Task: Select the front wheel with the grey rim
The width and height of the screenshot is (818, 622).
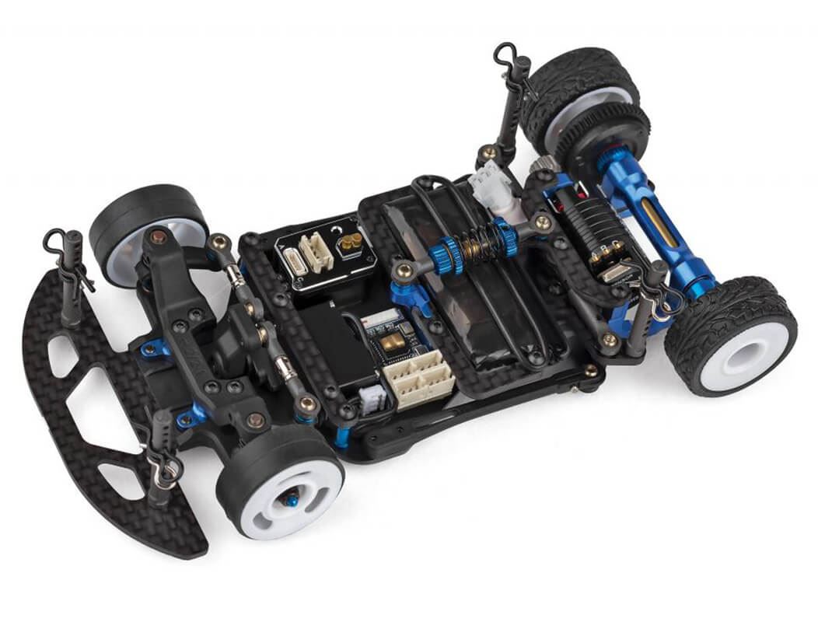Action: click(x=148, y=225)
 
